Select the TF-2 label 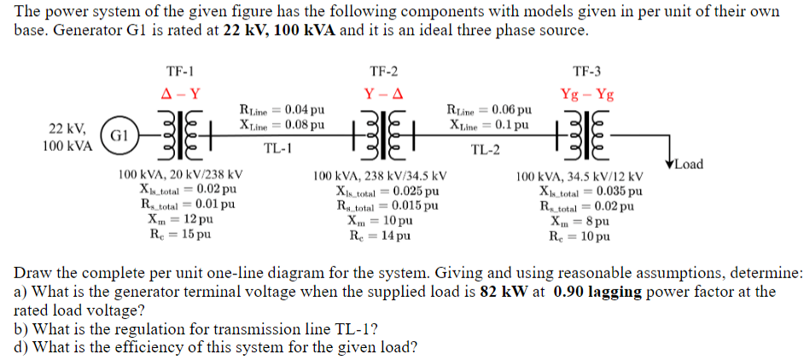coord(384,72)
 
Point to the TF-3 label coord(587,72)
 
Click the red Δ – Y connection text coord(180,95)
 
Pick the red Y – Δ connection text coord(384,95)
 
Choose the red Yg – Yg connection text coord(587,95)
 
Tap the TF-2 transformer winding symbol coord(384,134)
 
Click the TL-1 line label coord(277,148)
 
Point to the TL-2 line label coord(485,150)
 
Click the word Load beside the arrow coord(689,165)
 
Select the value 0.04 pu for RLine coord(305,110)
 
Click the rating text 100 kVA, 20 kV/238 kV coord(180,174)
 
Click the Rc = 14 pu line coord(380,236)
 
